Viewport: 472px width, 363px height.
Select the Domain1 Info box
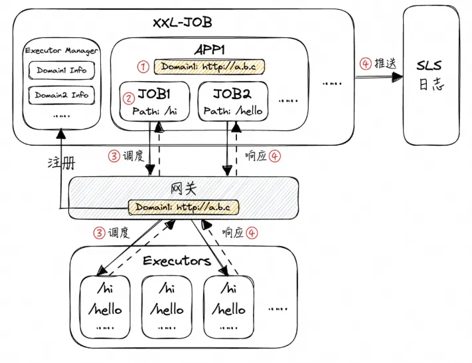point(61,70)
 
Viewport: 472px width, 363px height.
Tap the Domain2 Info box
point(61,95)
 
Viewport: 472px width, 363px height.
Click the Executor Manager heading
point(61,51)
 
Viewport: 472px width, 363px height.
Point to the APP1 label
point(210,51)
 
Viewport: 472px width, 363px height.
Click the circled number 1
point(141,66)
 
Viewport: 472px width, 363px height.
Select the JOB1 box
point(155,101)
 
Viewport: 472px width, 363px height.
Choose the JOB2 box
point(233,101)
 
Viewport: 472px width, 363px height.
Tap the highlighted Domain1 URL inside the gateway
point(183,207)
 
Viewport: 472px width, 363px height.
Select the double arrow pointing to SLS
point(379,77)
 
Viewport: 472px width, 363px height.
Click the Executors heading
point(177,260)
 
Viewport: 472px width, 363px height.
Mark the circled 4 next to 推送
point(364,64)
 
